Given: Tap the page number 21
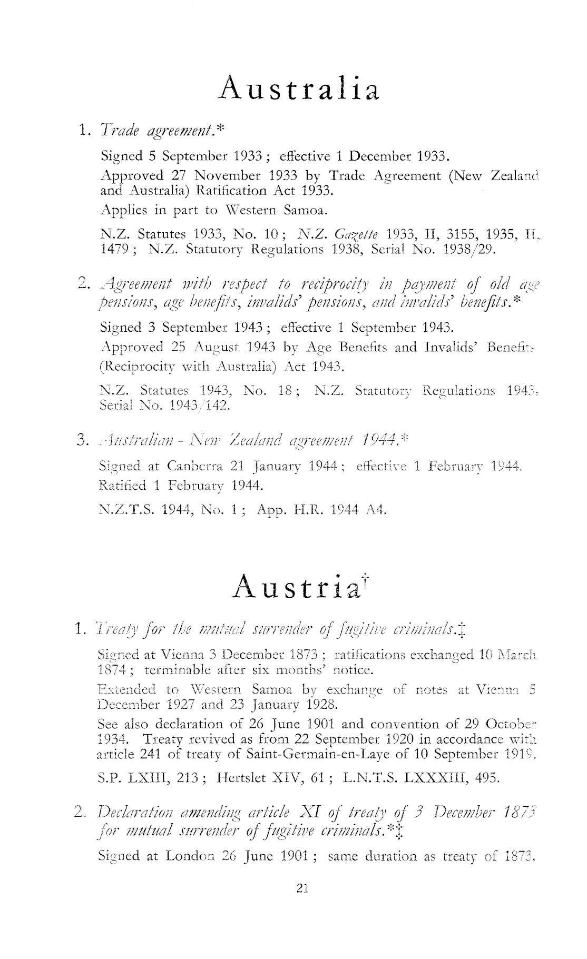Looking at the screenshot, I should (x=301, y=889).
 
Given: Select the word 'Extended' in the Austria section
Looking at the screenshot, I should (x=127, y=689).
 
